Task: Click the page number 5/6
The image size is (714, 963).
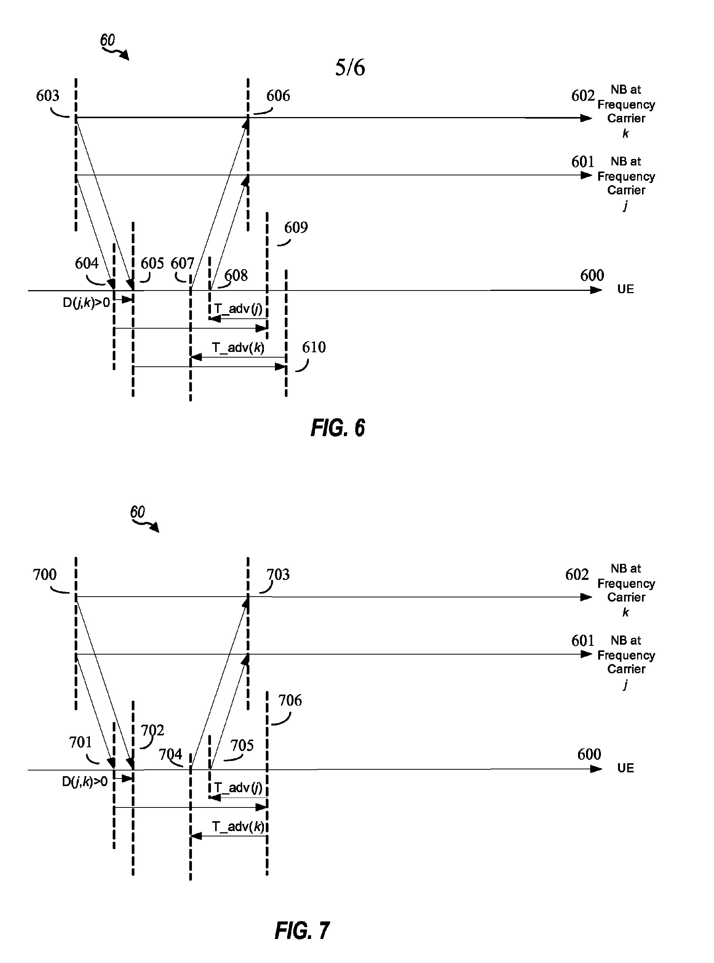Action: pyautogui.click(x=350, y=68)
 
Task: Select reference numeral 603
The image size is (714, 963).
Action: pyautogui.click(x=48, y=96)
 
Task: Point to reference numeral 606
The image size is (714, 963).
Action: pyautogui.click(x=278, y=96)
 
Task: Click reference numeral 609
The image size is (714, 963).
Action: pyautogui.click(x=296, y=228)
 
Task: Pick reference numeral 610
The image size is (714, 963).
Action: pyautogui.click(x=314, y=347)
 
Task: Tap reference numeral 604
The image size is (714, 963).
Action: pyautogui.click(x=86, y=263)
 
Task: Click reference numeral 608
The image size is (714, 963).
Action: pyautogui.click(x=236, y=275)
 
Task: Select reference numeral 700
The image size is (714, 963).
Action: pyautogui.click(x=45, y=575)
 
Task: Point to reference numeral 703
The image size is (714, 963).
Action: pyautogui.click(x=278, y=575)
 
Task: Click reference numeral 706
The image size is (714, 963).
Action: pyautogui.click(x=290, y=700)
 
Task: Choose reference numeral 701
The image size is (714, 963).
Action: pyautogui.click(x=80, y=742)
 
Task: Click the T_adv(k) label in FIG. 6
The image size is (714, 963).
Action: pyautogui.click(x=238, y=347)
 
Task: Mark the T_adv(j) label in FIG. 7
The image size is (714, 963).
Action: pyautogui.click(x=238, y=787)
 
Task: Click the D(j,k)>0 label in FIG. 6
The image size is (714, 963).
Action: pyautogui.click(x=86, y=302)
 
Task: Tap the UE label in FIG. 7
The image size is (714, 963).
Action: pyautogui.click(x=625, y=768)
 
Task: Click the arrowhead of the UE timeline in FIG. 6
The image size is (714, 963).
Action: pyautogui.click(x=596, y=290)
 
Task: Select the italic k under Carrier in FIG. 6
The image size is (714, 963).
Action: pyautogui.click(x=625, y=134)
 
